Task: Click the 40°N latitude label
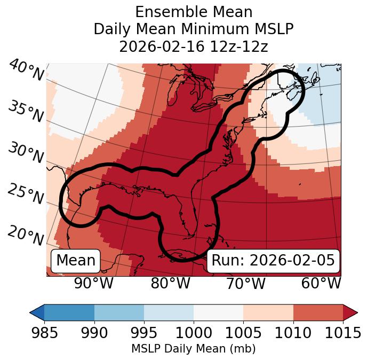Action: (26, 71)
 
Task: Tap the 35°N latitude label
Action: (25, 111)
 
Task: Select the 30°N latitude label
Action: (25, 153)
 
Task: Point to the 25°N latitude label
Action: (25, 194)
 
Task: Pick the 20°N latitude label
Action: (25, 234)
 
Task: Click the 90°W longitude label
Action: (93, 283)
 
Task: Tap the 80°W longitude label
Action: (170, 283)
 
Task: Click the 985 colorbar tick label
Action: (44, 333)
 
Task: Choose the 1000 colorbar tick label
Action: (194, 333)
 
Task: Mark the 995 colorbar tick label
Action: (144, 333)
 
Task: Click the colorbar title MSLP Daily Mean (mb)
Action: (193, 349)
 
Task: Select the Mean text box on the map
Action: (76, 260)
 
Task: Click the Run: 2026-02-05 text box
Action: (273, 260)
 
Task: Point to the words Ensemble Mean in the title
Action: (194, 12)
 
